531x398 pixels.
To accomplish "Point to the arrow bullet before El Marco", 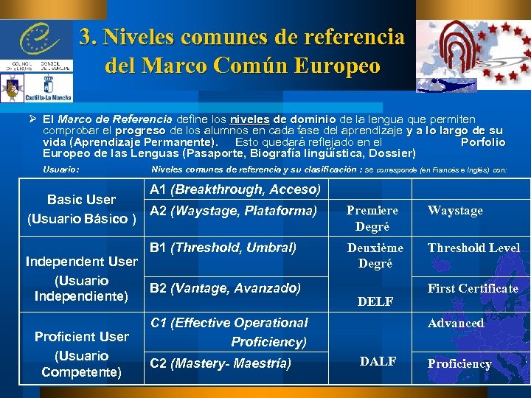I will point(32,119).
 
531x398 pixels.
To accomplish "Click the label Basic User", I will point(81,199).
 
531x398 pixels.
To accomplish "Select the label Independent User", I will point(81,261).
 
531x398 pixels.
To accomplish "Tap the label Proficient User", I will point(81,336).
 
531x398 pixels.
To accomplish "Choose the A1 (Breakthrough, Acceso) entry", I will point(235,189).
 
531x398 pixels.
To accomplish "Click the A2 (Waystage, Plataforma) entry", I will point(233,212).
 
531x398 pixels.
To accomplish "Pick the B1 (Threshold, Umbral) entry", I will point(223,248).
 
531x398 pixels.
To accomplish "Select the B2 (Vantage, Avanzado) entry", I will point(225,288).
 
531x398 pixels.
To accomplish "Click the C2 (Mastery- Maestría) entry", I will point(221,363).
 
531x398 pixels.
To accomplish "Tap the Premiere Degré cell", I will point(372,218).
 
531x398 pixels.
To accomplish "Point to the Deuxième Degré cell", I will point(375,255).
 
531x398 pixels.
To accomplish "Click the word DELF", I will point(375,301).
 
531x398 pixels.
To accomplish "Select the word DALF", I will point(378,361).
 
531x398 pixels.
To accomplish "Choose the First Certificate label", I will point(473,288).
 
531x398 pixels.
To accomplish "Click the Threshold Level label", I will point(473,248).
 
